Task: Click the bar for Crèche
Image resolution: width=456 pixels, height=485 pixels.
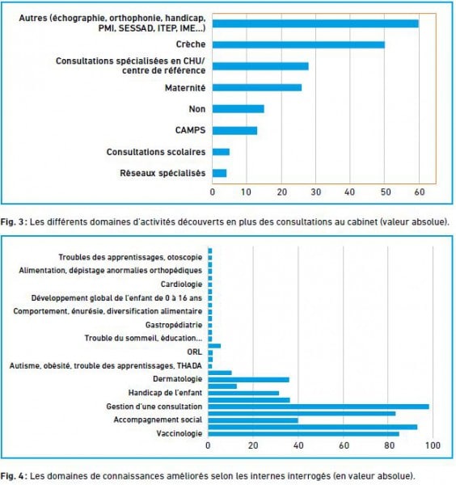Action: [298, 44]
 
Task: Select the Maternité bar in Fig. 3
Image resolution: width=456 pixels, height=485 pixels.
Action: [257, 88]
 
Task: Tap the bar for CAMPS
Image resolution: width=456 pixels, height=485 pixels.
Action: [234, 131]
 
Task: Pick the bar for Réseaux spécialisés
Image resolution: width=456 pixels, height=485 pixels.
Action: [219, 173]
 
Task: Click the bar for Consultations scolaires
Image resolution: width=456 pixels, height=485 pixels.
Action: [221, 152]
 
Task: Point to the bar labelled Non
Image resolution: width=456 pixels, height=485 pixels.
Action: [239, 109]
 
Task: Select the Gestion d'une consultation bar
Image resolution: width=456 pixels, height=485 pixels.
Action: [319, 407]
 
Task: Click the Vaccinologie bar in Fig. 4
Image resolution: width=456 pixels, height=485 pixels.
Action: [303, 434]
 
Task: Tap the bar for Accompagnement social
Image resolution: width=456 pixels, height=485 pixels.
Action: [253, 420]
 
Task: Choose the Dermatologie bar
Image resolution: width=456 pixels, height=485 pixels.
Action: [249, 380]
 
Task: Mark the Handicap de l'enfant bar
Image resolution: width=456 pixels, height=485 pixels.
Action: [243, 394]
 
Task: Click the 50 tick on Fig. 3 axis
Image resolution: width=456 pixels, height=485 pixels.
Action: [386, 192]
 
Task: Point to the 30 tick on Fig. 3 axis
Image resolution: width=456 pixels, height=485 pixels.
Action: [316, 192]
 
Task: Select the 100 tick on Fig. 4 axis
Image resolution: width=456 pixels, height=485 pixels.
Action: [433, 445]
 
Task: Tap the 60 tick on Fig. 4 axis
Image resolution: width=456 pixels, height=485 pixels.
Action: [344, 445]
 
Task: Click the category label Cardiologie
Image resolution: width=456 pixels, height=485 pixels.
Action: [181, 285]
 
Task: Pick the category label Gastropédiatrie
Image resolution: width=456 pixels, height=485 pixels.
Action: [174, 325]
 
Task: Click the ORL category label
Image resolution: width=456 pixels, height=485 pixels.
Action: [194, 352]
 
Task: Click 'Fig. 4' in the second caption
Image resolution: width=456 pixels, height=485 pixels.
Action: [14, 476]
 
